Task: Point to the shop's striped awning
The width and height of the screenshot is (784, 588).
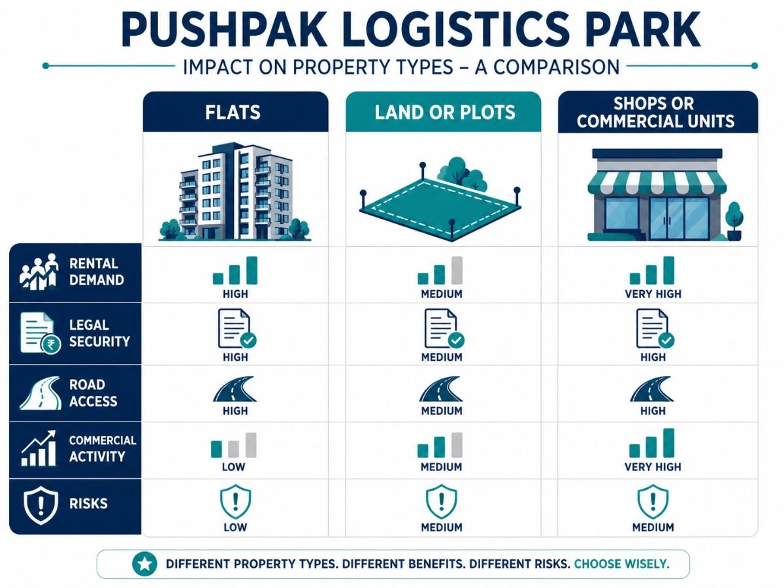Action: tap(657, 182)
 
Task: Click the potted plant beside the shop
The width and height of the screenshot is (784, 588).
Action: tap(734, 221)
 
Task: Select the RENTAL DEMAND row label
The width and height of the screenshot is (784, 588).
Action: tap(97, 272)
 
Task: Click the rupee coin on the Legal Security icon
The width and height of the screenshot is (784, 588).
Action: tap(52, 344)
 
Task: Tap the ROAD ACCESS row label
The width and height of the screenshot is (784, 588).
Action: tap(93, 393)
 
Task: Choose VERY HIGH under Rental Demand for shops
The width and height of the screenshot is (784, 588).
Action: tap(653, 294)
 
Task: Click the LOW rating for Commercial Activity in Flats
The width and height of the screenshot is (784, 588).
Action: tap(234, 466)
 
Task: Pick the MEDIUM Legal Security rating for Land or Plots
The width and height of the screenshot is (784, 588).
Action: tap(442, 357)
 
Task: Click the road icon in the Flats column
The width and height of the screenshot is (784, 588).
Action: tap(235, 389)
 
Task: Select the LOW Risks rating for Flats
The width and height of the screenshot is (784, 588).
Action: tap(235, 527)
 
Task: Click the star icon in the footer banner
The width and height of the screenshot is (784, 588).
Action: tap(144, 564)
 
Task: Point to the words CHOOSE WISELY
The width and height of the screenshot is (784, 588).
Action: tap(621, 564)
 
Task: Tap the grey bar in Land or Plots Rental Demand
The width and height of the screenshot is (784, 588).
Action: tap(457, 270)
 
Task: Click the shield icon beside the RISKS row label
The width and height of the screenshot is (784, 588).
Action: tap(41, 505)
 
